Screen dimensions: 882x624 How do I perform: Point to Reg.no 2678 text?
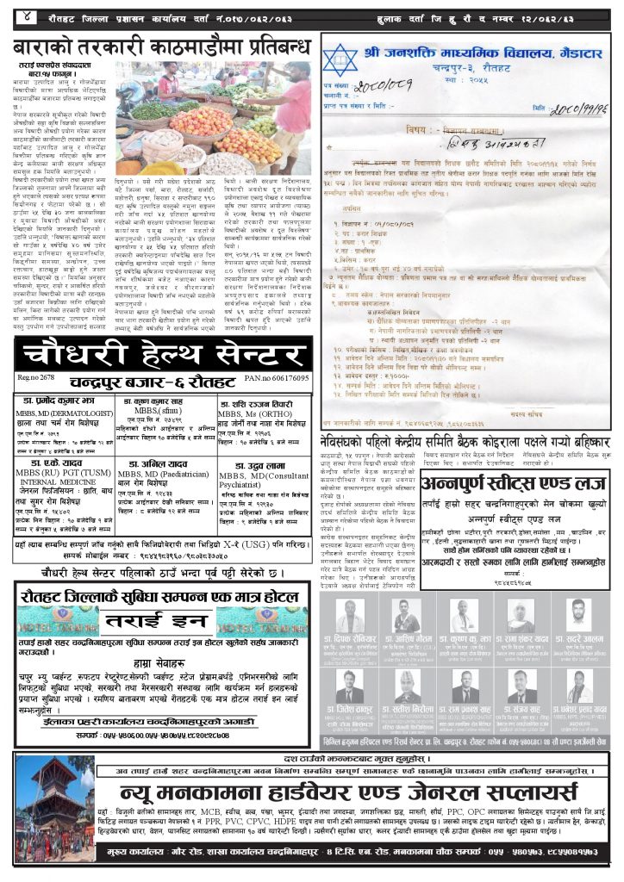(x=36, y=378)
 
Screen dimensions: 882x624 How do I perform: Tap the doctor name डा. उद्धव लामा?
(x=250, y=465)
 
